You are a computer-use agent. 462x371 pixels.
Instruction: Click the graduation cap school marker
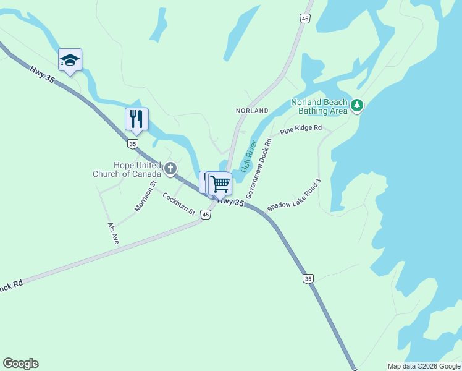[70, 60]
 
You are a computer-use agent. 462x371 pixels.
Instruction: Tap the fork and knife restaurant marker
[136, 118]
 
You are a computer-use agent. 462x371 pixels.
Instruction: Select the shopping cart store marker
[220, 183]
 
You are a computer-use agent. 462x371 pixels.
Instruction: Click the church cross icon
[170, 168]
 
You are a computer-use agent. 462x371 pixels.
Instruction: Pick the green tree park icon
[357, 106]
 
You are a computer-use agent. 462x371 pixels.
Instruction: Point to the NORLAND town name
[252, 111]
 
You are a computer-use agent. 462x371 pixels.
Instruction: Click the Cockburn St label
[178, 204]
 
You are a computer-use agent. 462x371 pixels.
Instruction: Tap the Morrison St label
[146, 196]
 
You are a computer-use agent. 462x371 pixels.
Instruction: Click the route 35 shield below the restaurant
[133, 143]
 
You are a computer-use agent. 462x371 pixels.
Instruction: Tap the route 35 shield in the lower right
[308, 279]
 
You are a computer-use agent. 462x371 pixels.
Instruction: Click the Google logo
[20, 364]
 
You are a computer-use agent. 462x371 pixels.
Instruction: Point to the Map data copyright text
[423, 366]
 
